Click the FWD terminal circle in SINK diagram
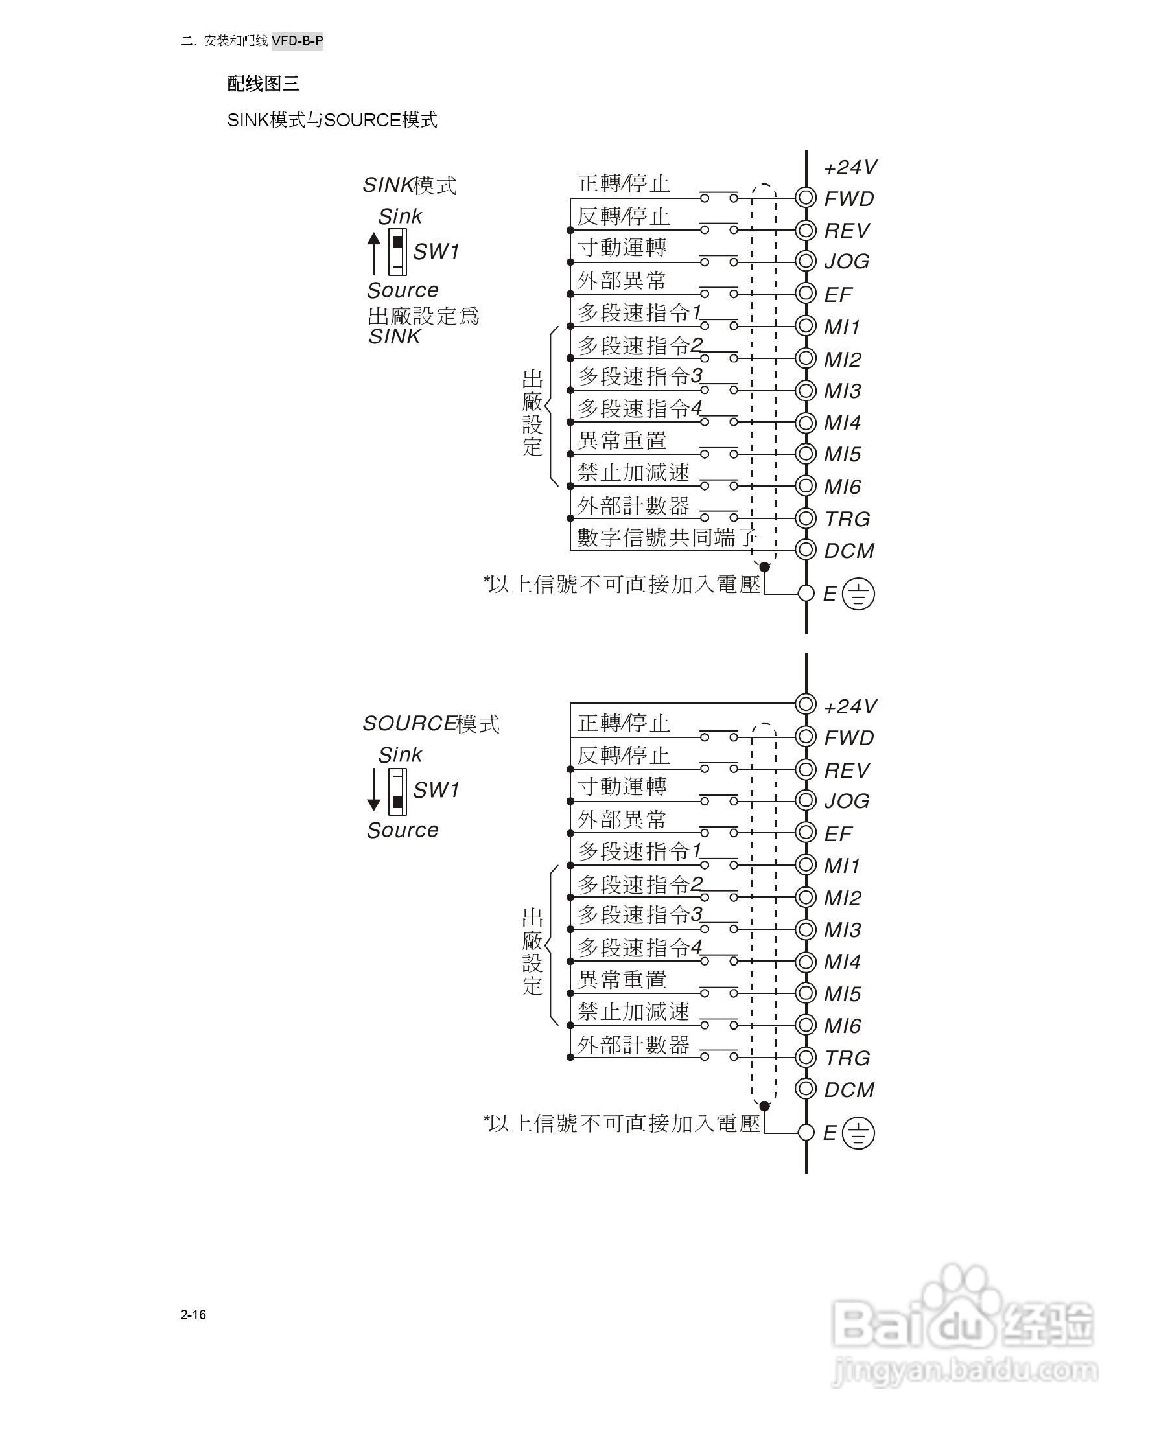805,198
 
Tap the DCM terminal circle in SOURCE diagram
805,1088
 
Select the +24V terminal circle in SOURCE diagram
805,704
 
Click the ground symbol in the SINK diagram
858,594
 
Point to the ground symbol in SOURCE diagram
858,1133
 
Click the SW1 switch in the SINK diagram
397,251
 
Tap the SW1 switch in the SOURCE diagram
397,791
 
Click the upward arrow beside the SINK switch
374,253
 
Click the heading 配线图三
263,84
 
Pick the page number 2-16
193,1314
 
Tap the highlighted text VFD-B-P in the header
298,41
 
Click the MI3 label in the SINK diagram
842,391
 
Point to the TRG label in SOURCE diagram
847,1058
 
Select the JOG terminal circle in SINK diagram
805,261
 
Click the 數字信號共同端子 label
666,537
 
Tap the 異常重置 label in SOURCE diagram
622,979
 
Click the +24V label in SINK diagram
850,167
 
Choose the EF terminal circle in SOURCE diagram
805,832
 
